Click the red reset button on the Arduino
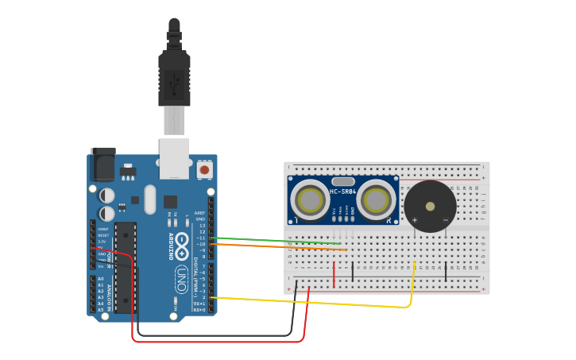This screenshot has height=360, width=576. (204, 169)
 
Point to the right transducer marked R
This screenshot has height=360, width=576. (376, 200)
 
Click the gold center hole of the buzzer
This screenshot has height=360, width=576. (430, 206)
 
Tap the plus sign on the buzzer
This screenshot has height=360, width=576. (414, 220)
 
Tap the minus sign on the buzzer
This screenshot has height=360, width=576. (445, 220)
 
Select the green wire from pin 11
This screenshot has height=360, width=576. (278, 240)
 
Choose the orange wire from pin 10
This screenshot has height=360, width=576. (278, 246)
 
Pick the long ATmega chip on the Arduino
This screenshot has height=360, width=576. (125, 267)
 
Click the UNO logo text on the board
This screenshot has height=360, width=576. (181, 278)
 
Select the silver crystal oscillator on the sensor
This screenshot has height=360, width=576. (343, 181)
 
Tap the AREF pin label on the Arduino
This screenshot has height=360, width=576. (201, 213)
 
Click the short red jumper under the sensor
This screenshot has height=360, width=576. (334, 273)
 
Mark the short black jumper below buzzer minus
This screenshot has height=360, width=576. (446, 272)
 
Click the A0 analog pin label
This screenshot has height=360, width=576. (101, 278)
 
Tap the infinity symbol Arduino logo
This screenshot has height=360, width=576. (181, 242)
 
